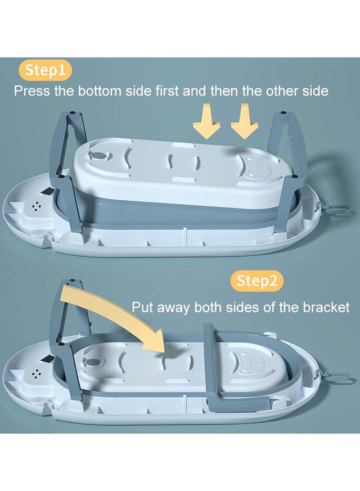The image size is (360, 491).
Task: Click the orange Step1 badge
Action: pyautogui.click(x=45, y=70)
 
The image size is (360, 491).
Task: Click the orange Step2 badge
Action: pyautogui.click(x=256, y=280)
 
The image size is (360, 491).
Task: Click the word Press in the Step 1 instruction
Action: pyautogui.click(x=32, y=91)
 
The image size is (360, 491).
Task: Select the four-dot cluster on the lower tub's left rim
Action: pyautogui.click(x=37, y=373)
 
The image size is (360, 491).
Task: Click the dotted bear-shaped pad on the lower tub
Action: pyautogui.click(x=253, y=363)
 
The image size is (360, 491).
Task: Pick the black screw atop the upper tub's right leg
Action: pyautogui.click(x=283, y=112)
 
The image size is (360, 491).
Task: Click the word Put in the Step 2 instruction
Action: pyautogui.click(x=143, y=307)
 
